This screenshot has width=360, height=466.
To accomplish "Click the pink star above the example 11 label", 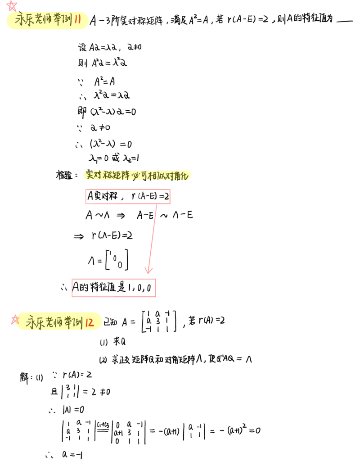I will (12, 5).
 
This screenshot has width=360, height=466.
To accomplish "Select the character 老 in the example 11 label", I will (40, 21).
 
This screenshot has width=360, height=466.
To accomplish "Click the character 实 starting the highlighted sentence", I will (89, 175).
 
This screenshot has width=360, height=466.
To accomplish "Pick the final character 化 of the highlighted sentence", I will (186, 175).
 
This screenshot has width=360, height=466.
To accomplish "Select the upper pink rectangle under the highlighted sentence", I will (128, 197).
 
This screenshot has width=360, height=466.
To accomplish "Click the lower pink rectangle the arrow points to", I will (114, 288).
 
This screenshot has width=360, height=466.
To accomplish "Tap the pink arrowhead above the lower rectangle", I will (149, 270).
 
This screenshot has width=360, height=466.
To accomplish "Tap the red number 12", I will (89, 322).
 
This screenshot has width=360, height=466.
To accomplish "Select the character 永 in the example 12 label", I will (31, 322).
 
